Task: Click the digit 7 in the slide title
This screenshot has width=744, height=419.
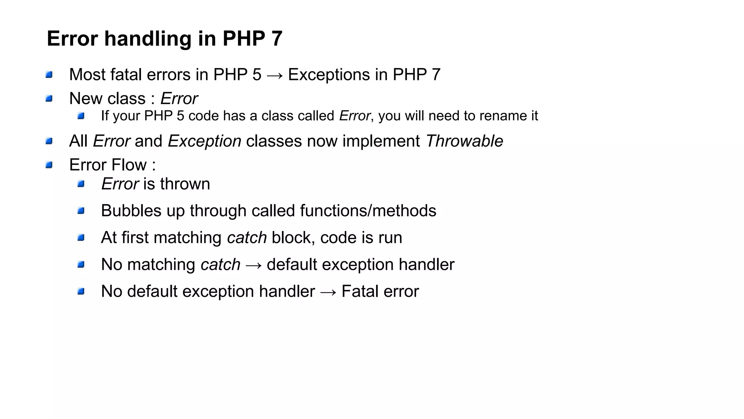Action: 276,39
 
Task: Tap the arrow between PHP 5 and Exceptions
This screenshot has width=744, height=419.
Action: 274,75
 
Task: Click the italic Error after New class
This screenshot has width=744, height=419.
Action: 179,99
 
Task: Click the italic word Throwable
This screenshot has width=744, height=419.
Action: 464,141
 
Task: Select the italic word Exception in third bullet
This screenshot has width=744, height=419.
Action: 205,141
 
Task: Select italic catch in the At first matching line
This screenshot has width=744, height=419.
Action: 247,238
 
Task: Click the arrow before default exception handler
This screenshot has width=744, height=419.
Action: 253,265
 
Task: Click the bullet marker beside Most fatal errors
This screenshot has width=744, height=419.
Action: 49,75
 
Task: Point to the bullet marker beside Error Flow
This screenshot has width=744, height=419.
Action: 49,165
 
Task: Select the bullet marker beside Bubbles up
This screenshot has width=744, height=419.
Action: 81,211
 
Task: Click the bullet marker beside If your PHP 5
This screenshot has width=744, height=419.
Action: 81,116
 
